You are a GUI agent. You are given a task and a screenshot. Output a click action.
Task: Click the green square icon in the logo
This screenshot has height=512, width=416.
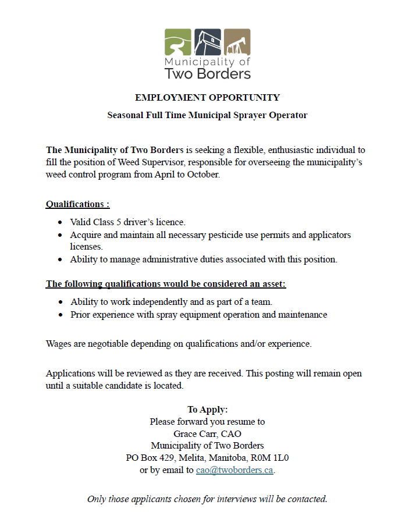click(177, 41)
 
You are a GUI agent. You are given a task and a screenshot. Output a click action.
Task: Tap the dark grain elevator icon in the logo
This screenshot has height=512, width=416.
click(207, 41)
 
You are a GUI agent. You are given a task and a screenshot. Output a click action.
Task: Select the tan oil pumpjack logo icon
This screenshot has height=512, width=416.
click(237, 41)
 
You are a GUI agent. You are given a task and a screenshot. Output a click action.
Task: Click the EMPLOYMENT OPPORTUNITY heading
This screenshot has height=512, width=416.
click(207, 98)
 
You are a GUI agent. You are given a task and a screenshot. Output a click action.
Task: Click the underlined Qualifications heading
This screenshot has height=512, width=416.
click(77, 204)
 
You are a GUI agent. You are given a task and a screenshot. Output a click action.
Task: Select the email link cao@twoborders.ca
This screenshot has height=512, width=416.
click(234, 470)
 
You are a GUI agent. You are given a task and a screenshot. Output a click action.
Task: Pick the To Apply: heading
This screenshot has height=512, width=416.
click(207, 410)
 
